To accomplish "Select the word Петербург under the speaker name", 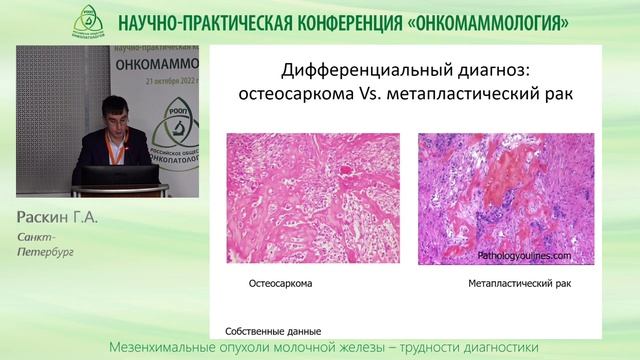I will (45, 252).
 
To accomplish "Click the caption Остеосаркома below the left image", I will (280, 283).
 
